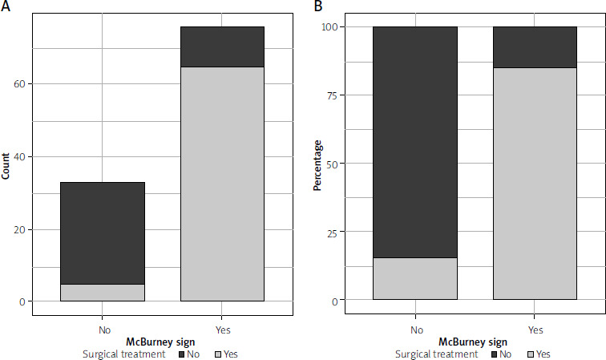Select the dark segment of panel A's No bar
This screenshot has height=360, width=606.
coord(103,233)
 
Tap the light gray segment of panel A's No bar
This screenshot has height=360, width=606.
coord(103,293)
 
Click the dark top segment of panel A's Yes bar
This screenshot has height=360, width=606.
coord(222,47)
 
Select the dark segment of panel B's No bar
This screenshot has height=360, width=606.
coord(415,142)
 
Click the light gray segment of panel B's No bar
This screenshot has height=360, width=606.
coord(415,279)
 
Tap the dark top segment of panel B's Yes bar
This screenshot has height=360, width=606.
coord(535,47)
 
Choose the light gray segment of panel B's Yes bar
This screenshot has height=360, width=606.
coord(535,184)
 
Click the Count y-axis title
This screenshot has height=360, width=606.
coord(6,164)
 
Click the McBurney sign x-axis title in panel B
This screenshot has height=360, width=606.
coord(475,341)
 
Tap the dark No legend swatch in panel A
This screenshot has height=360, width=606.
coord(182,353)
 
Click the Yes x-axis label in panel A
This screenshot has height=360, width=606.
coord(222,329)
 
